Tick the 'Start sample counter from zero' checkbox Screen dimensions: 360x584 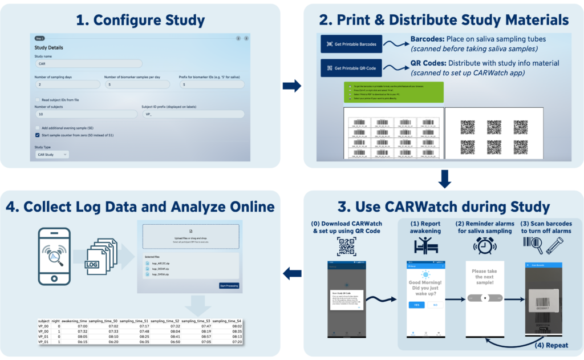(38, 135)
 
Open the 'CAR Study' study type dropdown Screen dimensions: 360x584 (52, 154)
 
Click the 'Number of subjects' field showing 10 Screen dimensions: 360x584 (86, 114)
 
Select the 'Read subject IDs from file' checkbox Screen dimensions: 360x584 (38, 99)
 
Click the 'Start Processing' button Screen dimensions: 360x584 (229, 285)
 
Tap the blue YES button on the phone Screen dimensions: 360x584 (416, 305)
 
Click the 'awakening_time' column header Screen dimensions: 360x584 (74, 321)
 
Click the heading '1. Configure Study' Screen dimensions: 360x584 (141, 21)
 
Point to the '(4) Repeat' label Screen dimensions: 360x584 (551, 345)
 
